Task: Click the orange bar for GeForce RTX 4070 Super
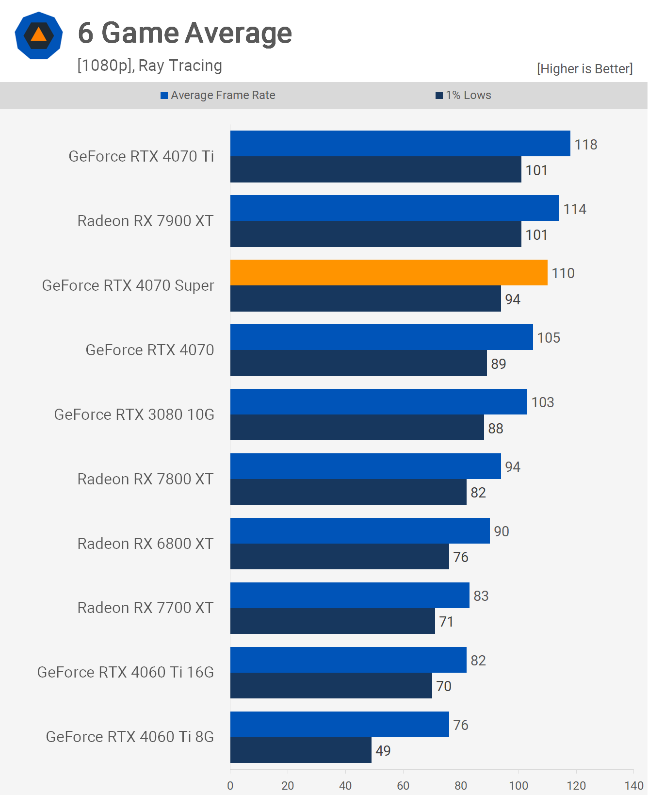pyautogui.click(x=389, y=272)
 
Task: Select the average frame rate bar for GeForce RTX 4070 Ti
pyautogui.click(x=400, y=144)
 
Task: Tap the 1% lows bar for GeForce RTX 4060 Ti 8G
pyautogui.click(x=301, y=750)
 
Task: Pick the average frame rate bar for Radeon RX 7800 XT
pyautogui.click(x=365, y=466)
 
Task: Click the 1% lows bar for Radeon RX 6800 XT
pyautogui.click(x=340, y=556)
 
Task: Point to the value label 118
pyautogui.click(x=585, y=145)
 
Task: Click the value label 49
pyautogui.click(x=383, y=751)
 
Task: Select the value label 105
pyautogui.click(x=548, y=338)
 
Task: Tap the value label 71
pyautogui.click(x=446, y=622)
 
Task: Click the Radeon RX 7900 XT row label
pyautogui.click(x=146, y=221)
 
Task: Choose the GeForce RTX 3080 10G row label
pyautogui.click(x=134, y=414)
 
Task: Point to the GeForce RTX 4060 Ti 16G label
pyautogui.click(x=125, y=672)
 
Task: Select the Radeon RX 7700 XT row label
pyautogui.click(x=146, y=608)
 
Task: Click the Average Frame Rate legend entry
pyautogui.click(x=218, y=95)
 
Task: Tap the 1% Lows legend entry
pyautogui.click(x=464, y=95)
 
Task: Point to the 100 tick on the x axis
pyautogui.click(x=518, y=785)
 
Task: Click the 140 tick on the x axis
pyautogui.click(x=633, y=785)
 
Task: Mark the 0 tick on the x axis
pyautogui.click(x=230, y=785)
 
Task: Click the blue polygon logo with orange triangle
pyautogui.click(x=39, y=36)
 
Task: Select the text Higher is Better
pyautogui.click(x=584, y=69)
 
